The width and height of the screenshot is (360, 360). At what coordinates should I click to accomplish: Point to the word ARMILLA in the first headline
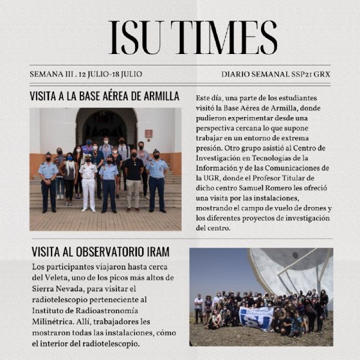[x=158, y=96]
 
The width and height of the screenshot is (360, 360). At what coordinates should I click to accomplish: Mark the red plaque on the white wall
[x=148, y=132]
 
